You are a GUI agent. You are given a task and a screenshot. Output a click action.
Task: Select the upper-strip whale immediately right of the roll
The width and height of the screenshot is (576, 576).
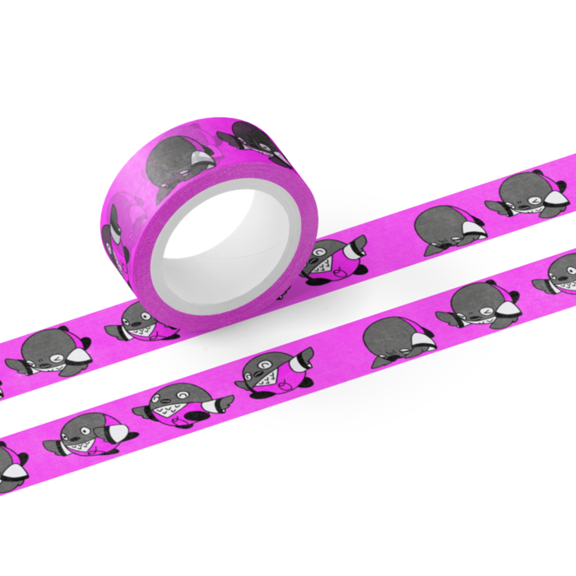(333, 260)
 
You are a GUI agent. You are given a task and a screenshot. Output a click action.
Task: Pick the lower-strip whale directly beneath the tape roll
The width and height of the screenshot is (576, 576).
(180, 402)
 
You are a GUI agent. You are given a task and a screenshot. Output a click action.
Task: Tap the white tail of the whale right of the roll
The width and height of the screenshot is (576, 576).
(357, 244)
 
